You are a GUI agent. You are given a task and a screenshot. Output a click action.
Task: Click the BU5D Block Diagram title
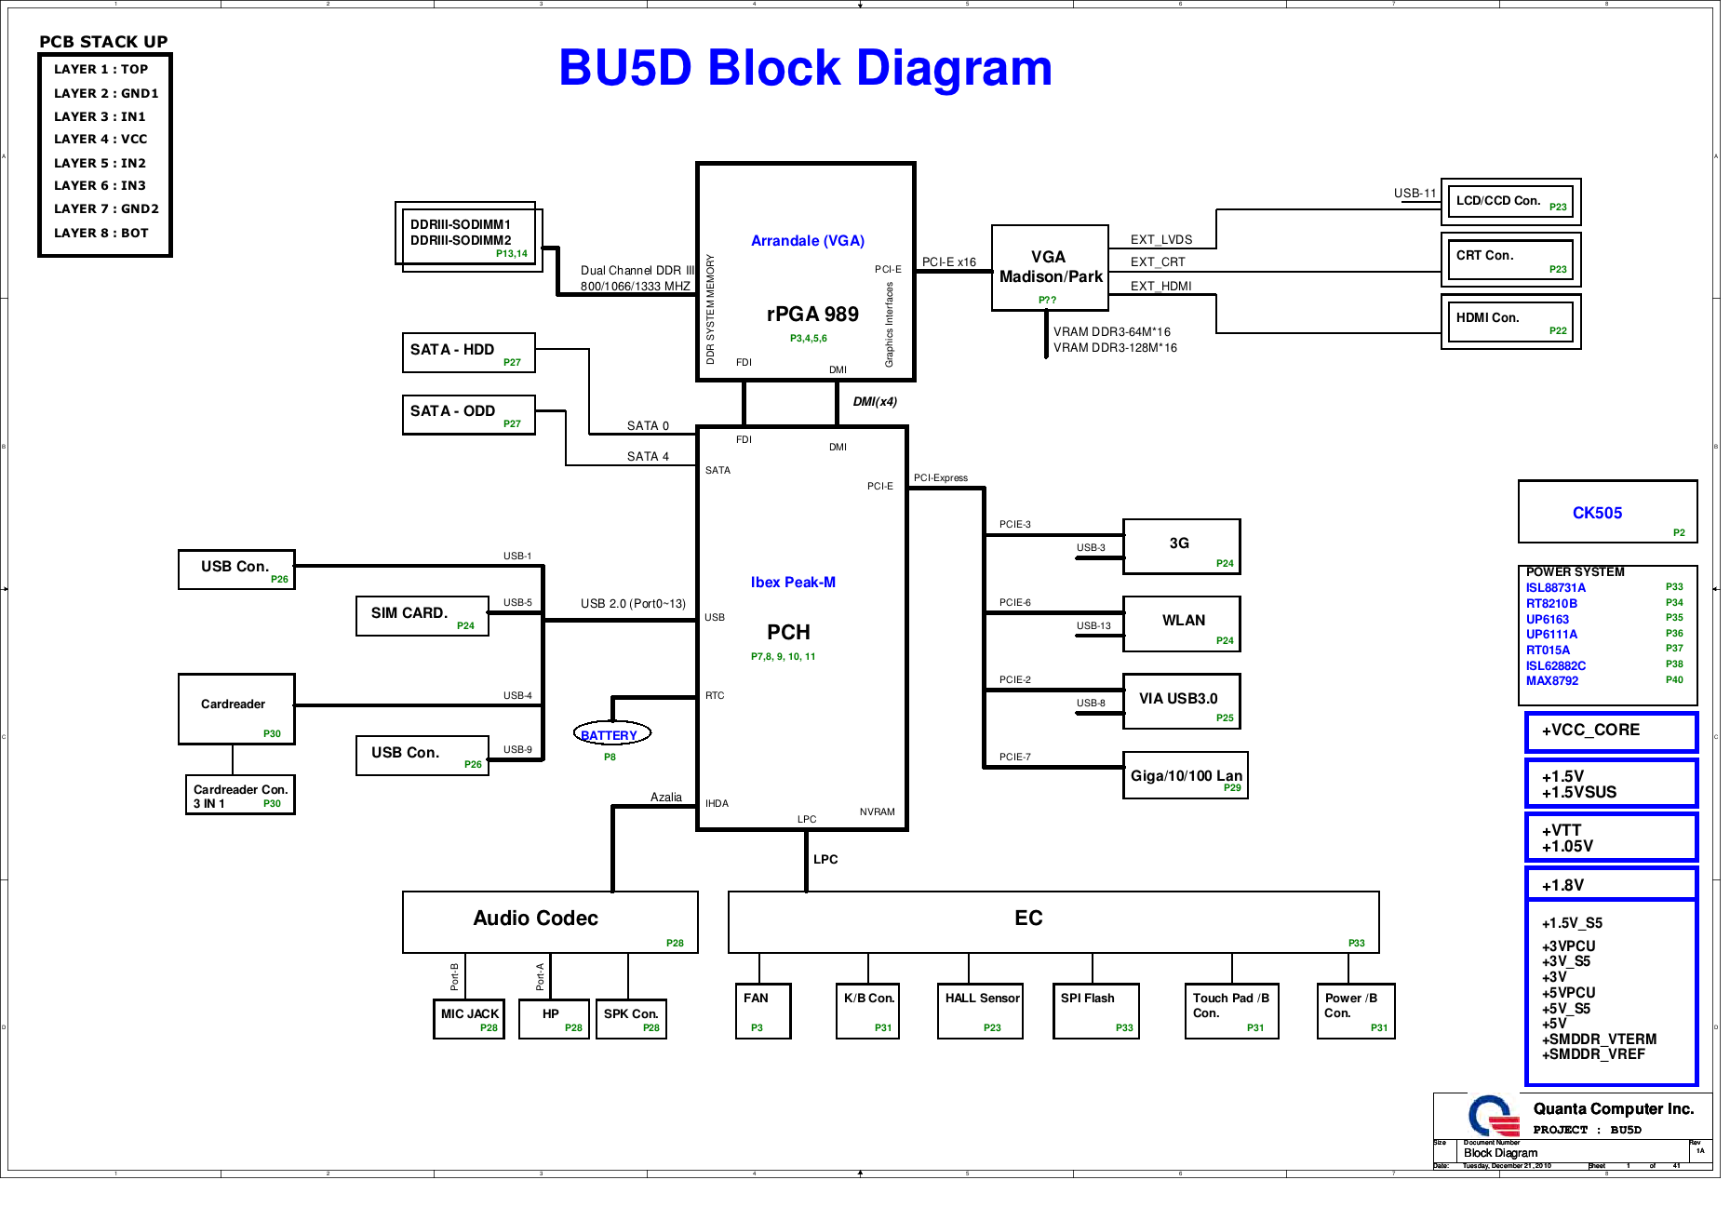pos(805,68)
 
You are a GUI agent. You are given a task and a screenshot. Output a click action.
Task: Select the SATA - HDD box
pos(468,353)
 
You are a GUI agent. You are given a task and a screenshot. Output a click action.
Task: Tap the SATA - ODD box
pos(468,415)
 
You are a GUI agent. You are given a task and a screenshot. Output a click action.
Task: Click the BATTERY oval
pos(611,734)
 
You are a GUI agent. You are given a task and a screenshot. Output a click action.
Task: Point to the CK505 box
pos(1606,512)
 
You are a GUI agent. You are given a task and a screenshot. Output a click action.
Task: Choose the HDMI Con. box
pos(1509,321)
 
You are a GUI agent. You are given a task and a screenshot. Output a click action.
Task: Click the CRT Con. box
pos(1509,259)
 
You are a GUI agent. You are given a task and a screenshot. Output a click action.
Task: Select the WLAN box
pos(1181,624)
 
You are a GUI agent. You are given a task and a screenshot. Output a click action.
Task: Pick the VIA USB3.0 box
pos(1181,702)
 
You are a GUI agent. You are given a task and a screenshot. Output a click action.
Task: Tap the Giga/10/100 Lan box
pos(1185,776)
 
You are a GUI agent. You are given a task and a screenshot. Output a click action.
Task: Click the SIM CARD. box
pos(422,616)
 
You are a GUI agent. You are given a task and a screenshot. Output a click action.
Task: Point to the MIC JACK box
pos(469,1019)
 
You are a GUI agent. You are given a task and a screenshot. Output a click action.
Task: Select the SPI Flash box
pos(1095,1011)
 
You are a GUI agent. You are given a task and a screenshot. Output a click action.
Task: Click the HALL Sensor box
pos(980,1011)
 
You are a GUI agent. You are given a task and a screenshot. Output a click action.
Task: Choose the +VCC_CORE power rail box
pos(1611,731)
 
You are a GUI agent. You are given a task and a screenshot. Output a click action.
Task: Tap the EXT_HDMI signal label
pos(1160,287)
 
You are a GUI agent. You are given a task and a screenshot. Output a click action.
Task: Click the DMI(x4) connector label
pos(875,402)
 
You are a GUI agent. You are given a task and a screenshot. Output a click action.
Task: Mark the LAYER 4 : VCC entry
pos(101,140)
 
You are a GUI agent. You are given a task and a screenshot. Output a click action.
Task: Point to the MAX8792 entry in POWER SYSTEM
pos(1551,681)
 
